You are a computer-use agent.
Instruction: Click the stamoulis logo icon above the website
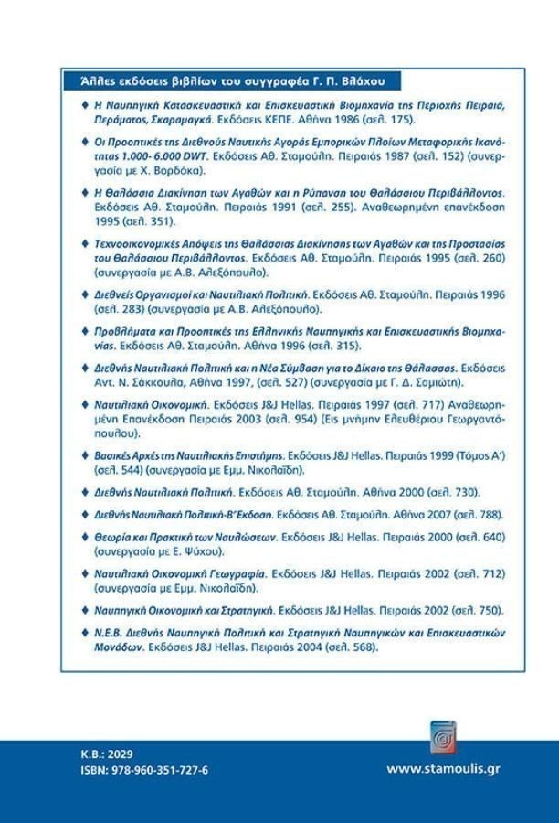(x=443, y=737)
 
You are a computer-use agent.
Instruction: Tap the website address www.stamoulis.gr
(x=443, y=769)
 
